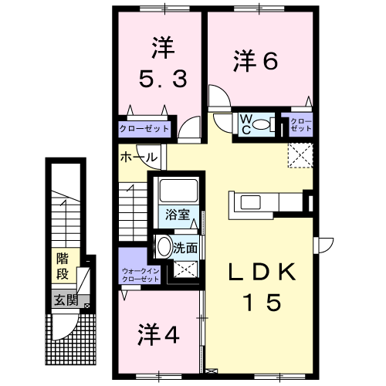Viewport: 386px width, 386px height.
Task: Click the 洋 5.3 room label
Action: pyautogui.click(x=163, y=63)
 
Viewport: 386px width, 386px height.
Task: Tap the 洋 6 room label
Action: pyautogui.click(x=256, y=61)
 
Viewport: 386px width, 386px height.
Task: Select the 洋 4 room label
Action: pyautogui.click(x=158, y=334)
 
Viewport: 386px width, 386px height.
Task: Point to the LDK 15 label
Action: pyautogui.click(x=262, y=286)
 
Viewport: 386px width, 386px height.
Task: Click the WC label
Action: pyautogui.click(x=246, y=124)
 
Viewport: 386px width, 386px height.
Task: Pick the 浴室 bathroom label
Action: pyautogui.click(x=178, y=215)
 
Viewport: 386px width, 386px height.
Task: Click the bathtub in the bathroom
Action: pyautogui.click(x=178, y=191)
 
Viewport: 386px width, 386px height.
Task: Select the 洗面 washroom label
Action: pyautogui.click(x=185, y=248)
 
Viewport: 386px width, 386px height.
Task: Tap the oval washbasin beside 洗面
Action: pyautogui.click(x=164, y=246)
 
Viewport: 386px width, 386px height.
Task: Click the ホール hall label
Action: pyautogui.click(x=139, y=157)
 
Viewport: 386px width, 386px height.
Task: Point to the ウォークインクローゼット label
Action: pyautogui.click(x=141, y=275)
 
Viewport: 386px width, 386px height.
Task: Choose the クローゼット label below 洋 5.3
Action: pyautogui.click(x=144, y=128)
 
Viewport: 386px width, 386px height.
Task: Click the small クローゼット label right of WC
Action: pyautogui.click(x=301, y=125)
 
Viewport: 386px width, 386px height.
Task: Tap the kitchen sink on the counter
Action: pyautogui.click(x=250, y=202)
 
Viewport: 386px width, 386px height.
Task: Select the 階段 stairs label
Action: pyautogui.click(x=63, y=266)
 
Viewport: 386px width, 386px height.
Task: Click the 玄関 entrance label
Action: pyautogui.click(x=66, y=300)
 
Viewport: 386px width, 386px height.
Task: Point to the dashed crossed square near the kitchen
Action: pyautogui.click(x=300, y=156)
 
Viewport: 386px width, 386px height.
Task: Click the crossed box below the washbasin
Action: pyautogui.click(x=185, y=269)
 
